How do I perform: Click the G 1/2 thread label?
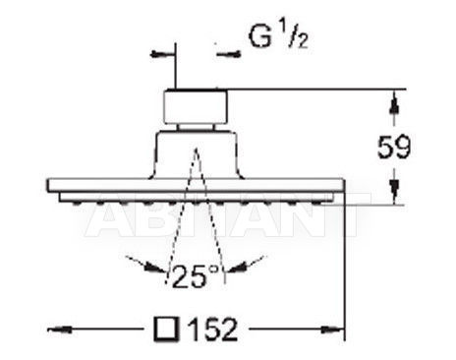point(278,36)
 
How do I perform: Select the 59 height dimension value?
point(394,147)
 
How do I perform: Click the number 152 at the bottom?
point(213,329)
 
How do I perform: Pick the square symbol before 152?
point(166,329)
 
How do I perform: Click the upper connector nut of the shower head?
point(196,107)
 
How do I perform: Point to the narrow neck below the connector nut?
point(196,128)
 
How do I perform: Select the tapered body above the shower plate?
point(196,155)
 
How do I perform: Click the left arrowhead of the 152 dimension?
point(60,329)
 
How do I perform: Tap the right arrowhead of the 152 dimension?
point(332,329)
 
